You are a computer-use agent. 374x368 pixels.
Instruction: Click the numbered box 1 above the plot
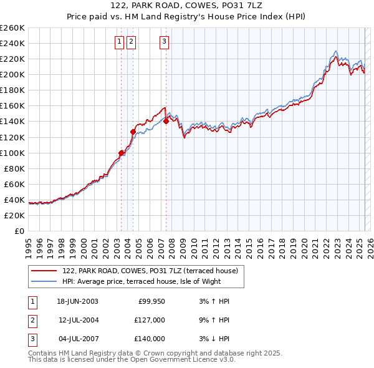click(x=119, y=42)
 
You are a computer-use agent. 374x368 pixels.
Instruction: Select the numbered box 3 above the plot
click(x=164, y=42)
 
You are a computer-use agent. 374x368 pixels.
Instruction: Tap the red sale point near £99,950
click(x=122, y=152)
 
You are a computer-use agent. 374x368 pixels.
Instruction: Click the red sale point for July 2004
click(x=133, y=132)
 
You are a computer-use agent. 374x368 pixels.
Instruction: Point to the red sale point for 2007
click(x=166, y=121)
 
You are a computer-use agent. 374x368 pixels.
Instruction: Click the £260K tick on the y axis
click(x=12, y=28)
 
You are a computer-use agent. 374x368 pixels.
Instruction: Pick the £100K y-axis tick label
click(x=12, y=153)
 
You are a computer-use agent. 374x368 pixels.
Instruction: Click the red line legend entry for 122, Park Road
click(x=150, y=271)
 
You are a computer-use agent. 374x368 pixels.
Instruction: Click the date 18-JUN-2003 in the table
click(x=77, y=301)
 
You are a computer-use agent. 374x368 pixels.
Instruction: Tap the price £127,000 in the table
click(x=149, y=320)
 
